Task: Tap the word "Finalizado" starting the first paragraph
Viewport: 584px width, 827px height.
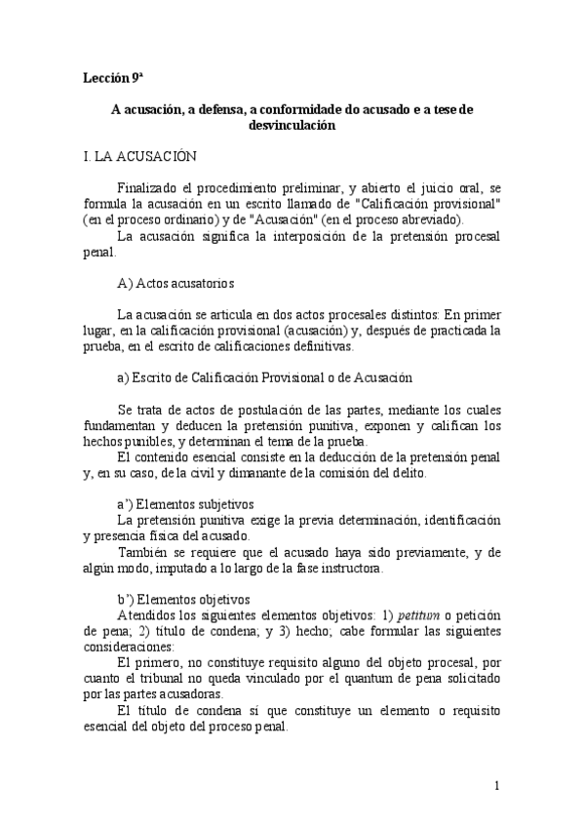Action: (x=147, y=187)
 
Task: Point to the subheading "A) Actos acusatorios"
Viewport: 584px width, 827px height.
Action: (x=172, y=284)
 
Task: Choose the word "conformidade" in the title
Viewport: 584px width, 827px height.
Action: (x=285, y=109)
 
